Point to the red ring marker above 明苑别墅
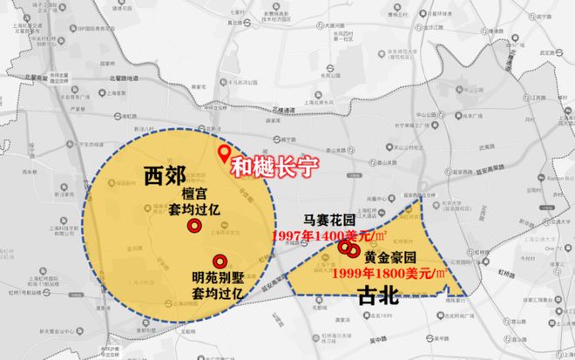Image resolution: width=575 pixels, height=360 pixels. click(220, 259)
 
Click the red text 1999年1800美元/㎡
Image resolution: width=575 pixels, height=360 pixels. click(389, 273)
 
